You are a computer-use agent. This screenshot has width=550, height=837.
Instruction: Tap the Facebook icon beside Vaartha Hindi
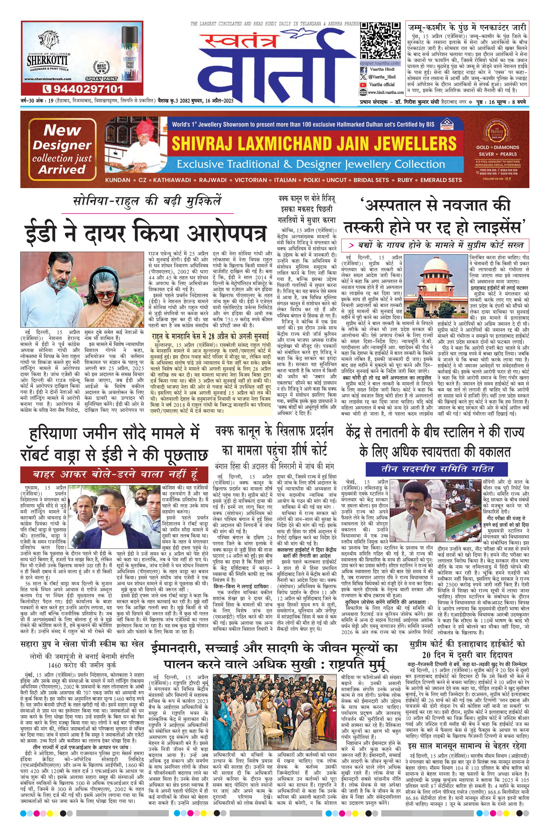pos(363,70)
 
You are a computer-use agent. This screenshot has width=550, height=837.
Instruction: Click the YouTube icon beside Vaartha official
pos(363,84)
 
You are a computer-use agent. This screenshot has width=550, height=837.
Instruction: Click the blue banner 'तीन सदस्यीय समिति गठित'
pos(437,469)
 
